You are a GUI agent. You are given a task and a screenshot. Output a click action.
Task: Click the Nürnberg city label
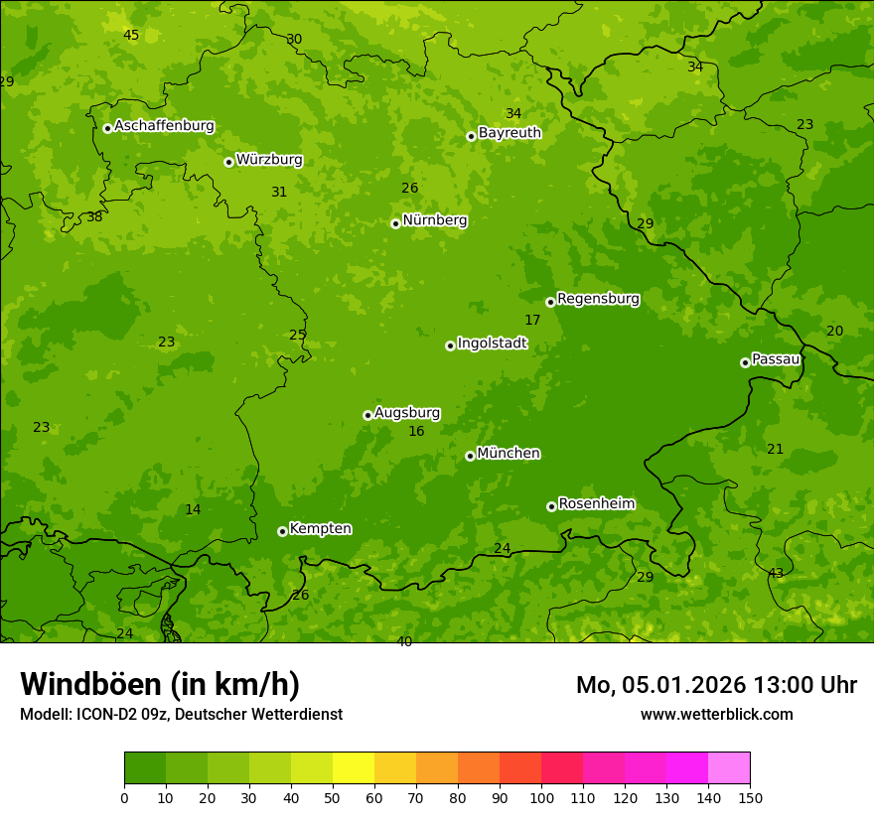point(434,220)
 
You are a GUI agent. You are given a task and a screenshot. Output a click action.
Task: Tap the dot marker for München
point(470,456)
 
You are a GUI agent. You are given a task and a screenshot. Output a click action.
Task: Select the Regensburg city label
point(598,299)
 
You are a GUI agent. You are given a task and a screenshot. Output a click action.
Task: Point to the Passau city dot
point(745,362)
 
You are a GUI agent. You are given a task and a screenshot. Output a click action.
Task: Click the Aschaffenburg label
point(164,126)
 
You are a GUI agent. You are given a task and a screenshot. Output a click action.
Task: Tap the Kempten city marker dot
point(282,531)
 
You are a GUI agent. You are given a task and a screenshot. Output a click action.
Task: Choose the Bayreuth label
point(510,133)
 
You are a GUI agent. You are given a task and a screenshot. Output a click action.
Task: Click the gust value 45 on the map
point(131,35)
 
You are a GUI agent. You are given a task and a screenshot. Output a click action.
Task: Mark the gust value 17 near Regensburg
point(532,320)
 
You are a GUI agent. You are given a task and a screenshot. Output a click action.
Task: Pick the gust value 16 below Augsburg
point(416,431)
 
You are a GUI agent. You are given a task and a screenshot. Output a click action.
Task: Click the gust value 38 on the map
point(94,216)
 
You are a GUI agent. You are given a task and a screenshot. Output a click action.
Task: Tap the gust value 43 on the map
point(776,574)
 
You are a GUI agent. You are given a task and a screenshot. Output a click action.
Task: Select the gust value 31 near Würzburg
point(279,192)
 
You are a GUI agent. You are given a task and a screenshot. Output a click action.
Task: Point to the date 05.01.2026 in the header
point(683,685)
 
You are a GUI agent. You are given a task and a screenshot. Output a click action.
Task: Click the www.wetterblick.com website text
point(716,714)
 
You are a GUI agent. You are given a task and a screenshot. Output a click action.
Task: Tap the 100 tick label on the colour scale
point(541,797)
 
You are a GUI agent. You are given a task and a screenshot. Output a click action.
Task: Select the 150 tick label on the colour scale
point(750,797)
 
